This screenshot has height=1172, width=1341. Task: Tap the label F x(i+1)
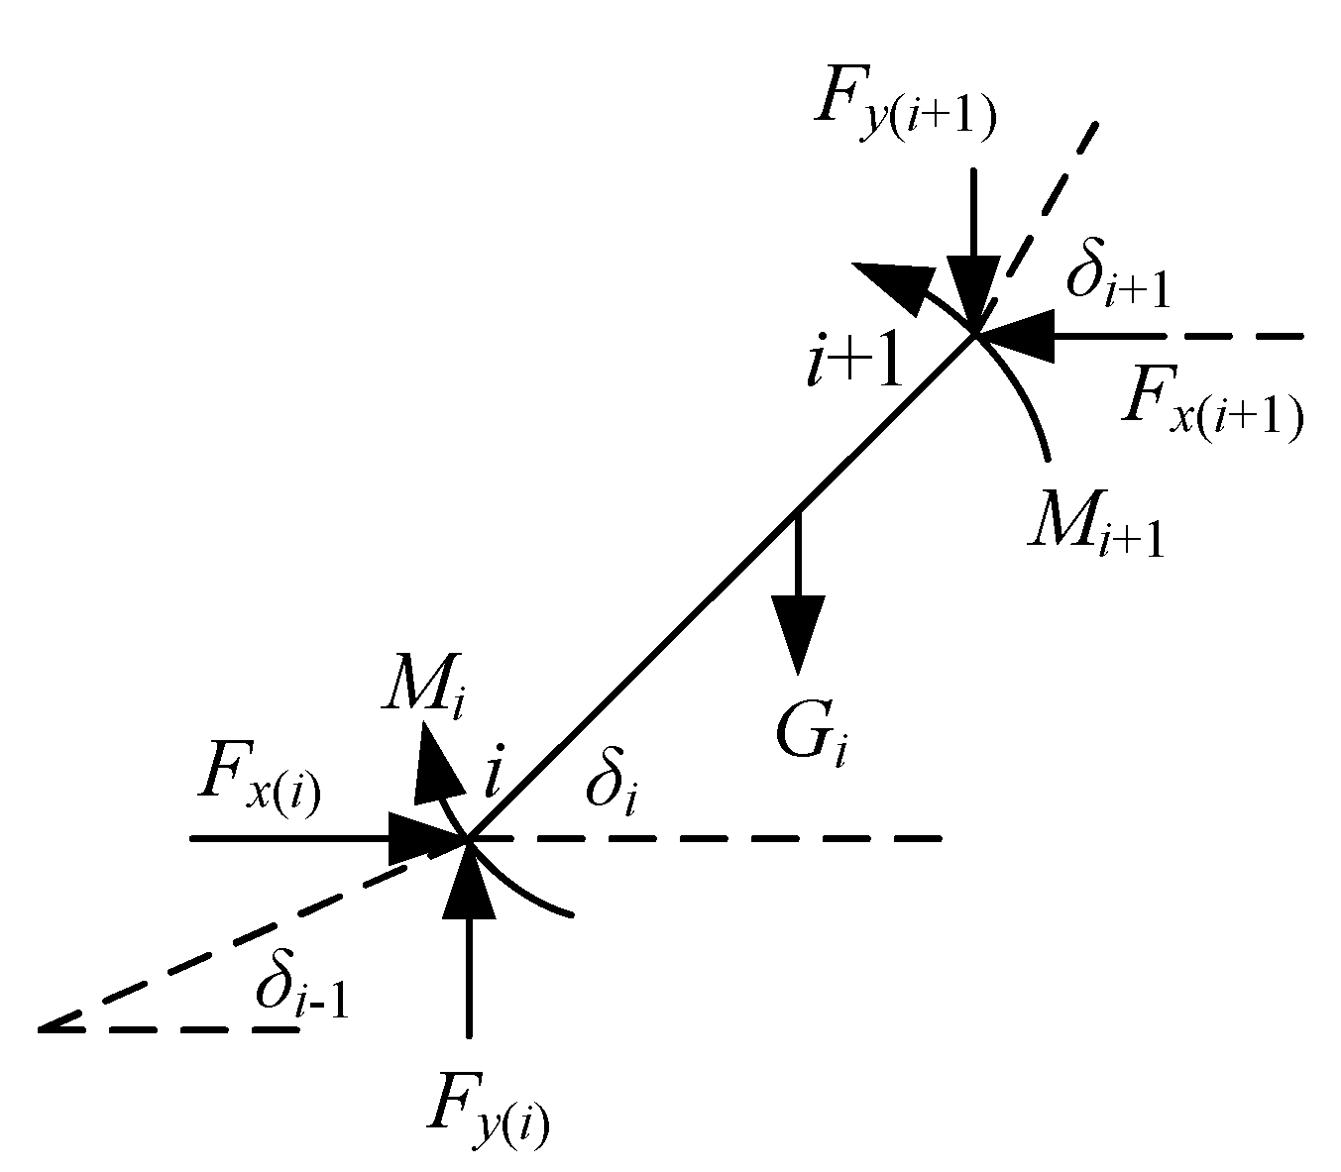pyautogui.click(x=1211, y=408)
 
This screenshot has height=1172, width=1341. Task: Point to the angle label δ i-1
pyautogui.click(x=301, y=987)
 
